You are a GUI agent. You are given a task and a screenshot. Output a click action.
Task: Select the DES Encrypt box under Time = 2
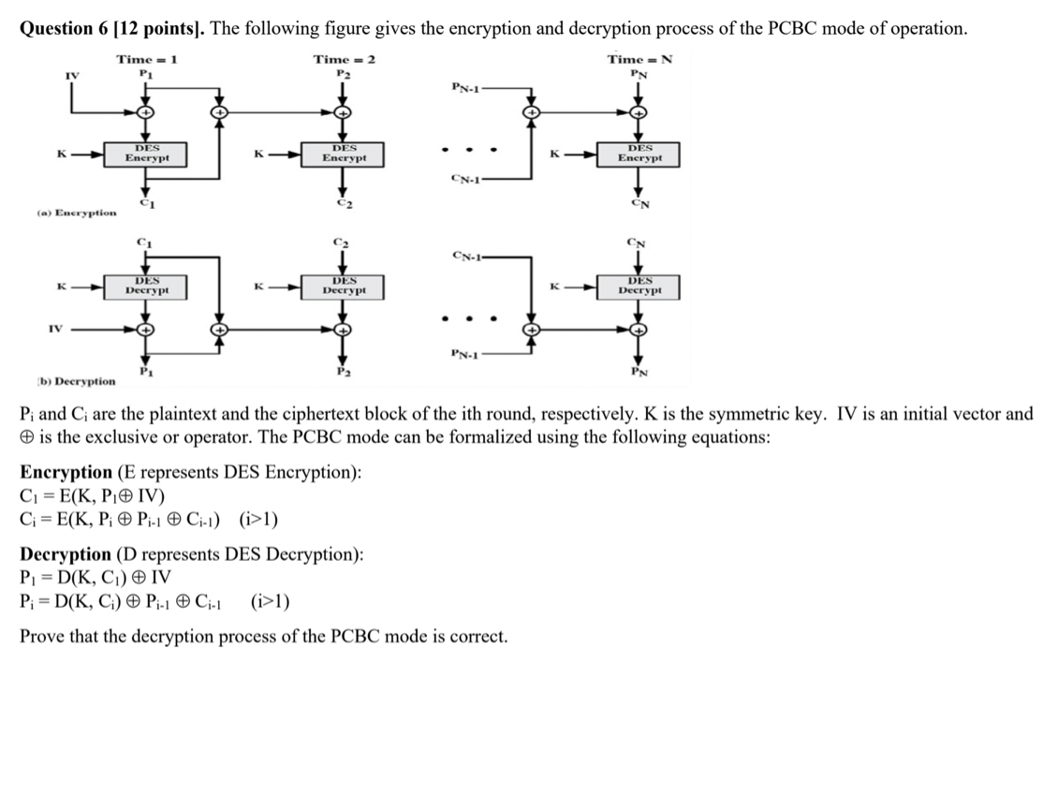click(x=344, y=154)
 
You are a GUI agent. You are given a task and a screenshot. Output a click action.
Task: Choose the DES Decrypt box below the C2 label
click(x=344, y=286)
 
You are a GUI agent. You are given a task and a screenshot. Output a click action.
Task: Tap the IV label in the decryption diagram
click(x=55, y=328)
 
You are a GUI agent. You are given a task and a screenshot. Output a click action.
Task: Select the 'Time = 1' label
click(x=147, y=59)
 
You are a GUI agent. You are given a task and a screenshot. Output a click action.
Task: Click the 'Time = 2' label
click(x=344, y=59)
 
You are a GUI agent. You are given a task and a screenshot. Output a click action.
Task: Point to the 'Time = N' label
click(x=639, y=59)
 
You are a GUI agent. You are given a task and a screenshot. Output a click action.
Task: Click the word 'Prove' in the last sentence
click(x=42, y=637)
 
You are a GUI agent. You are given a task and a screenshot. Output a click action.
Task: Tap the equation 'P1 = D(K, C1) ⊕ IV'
click(x=95, y=577)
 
